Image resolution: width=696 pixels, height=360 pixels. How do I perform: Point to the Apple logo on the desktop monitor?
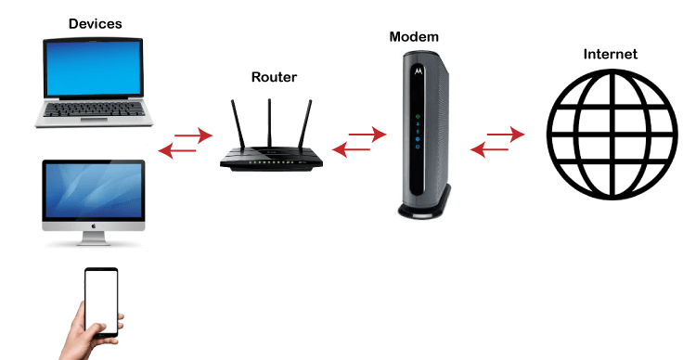pos(93,225)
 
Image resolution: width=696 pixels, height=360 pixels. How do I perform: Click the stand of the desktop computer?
pos(93,238)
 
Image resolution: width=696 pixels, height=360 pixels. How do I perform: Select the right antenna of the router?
pos(305,121)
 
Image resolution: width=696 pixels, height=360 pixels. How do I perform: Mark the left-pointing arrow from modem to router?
pos(350,148)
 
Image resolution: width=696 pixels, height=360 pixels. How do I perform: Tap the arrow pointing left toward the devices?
pos(176,149)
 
